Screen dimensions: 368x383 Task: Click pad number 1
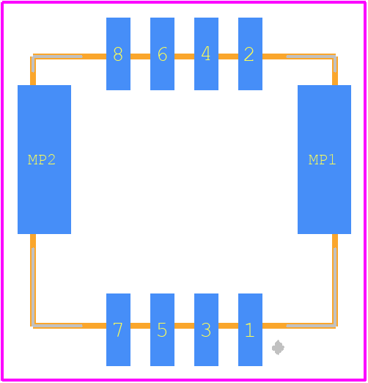[250, 329]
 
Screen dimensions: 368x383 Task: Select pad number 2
[250, 54]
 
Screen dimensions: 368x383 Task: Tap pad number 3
[206, 329]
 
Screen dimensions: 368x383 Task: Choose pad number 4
[206, 54]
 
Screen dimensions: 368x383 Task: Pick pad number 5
[162, 329]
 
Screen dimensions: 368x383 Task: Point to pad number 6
[162, 54]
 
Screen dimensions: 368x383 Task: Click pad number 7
[118, 329]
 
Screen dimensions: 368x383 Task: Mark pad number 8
[118, 54]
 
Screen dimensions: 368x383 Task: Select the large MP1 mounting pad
[324, 159]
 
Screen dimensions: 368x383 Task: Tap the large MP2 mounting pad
[44, 159]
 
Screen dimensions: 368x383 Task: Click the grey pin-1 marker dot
[278, 347]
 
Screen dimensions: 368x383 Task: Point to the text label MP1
[322, 160]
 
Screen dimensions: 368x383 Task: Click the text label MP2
[42, 160]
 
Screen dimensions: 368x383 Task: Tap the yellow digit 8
[118, 54]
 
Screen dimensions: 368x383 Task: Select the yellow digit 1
[249, 330]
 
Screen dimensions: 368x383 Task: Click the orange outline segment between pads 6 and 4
[184, 56]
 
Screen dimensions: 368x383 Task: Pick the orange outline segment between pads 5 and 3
[184, 326]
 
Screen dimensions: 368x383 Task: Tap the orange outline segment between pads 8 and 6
[140, 56]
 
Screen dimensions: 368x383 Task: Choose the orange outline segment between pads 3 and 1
[228, 326]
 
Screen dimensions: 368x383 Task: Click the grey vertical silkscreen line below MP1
[335, 287]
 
